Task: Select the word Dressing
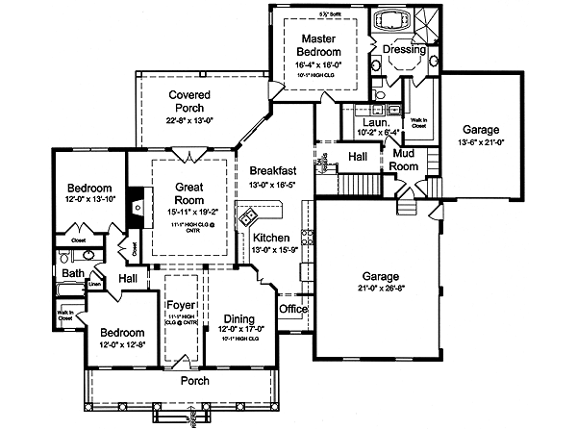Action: [x=404, y=48]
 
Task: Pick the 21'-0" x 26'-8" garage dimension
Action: [x=381, y=287]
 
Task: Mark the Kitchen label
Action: [x=272, y=238]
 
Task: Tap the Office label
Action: [x=292, y=310]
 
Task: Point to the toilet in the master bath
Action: [x=382, y=96]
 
